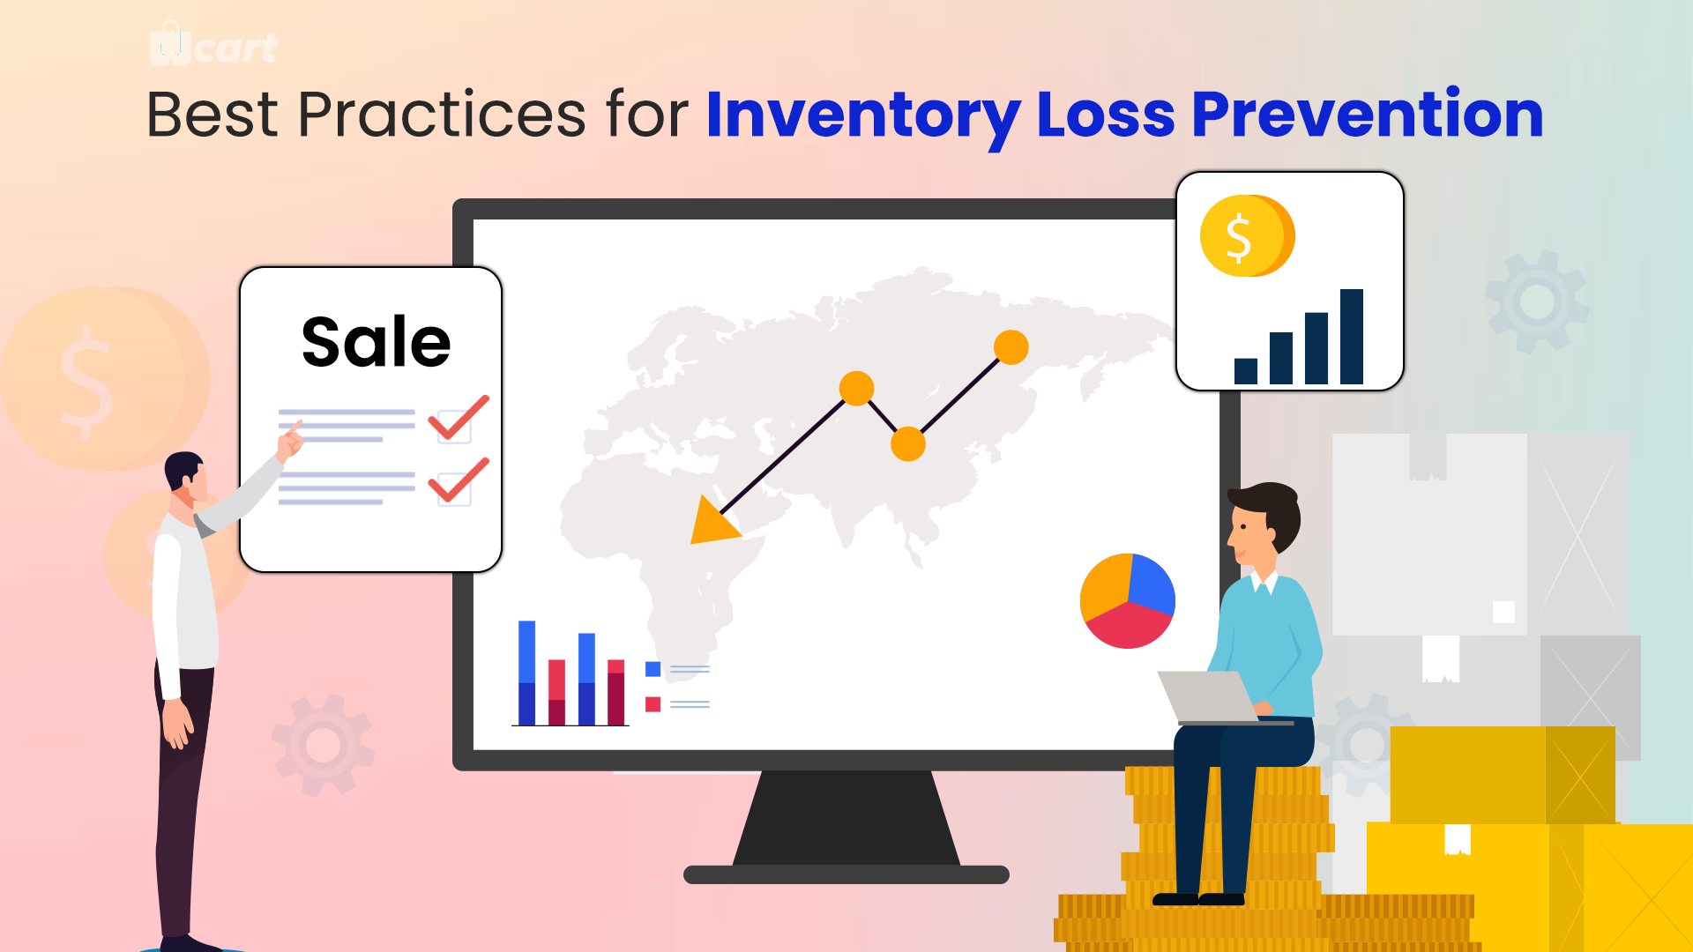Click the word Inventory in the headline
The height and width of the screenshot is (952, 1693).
coord(863,115)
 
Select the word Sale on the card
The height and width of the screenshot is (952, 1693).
coord(377,342)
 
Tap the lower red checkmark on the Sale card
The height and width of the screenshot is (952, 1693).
coord(459,480)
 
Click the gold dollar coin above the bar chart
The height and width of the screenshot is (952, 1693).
coord(1247,235)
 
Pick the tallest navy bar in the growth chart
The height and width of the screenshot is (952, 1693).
coord(1351,337)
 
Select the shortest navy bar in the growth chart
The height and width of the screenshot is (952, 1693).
coord(1246,371)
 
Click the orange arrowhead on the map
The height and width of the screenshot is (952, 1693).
coord(712,522)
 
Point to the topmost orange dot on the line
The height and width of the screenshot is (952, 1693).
coord(1011,347)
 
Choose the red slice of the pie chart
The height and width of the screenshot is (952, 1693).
coord(1129,627)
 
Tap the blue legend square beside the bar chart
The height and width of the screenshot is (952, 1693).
coord(653,669)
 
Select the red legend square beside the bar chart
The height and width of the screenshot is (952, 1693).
coord(653,704)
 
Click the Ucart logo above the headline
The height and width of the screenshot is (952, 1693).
coord(213,45)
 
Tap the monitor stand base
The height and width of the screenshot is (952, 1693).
coord(846,874)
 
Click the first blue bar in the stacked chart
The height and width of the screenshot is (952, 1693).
coord(526,673)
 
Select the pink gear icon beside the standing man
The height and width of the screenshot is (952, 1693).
coord(323,746)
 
